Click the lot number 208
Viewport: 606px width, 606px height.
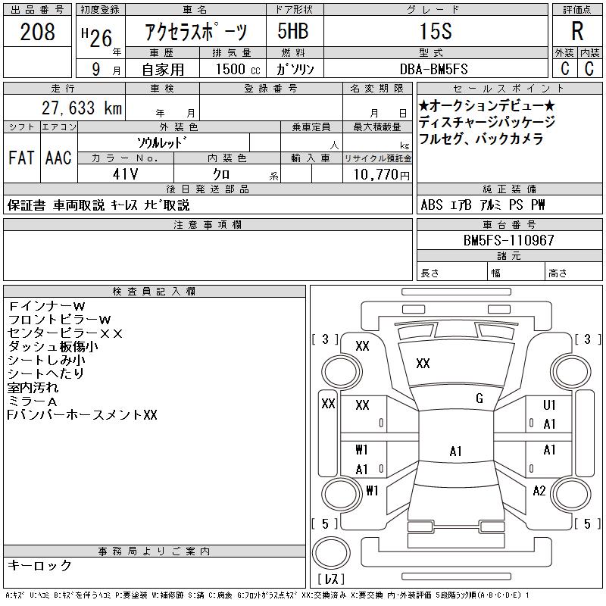37,32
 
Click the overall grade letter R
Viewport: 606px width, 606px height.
577,31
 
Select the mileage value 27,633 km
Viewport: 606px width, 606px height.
82,108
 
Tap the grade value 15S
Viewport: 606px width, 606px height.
436,31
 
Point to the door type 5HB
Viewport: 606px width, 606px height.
293,31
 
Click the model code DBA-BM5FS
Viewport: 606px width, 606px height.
433,69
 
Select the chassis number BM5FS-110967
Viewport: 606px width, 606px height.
508,240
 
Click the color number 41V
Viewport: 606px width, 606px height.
125,174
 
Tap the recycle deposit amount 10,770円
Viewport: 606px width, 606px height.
381,174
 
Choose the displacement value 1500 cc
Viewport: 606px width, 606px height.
238,69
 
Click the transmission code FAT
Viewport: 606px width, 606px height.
22,158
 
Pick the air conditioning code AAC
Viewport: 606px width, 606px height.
59,158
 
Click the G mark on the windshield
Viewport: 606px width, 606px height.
479,398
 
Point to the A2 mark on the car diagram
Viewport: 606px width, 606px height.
539,491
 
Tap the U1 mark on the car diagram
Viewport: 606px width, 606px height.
549,405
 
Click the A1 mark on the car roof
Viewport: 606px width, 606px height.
456,451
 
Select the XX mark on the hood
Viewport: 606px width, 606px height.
423,364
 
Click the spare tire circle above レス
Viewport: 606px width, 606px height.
331,552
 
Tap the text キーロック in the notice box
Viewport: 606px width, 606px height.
39,565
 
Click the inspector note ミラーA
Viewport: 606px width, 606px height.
32,401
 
